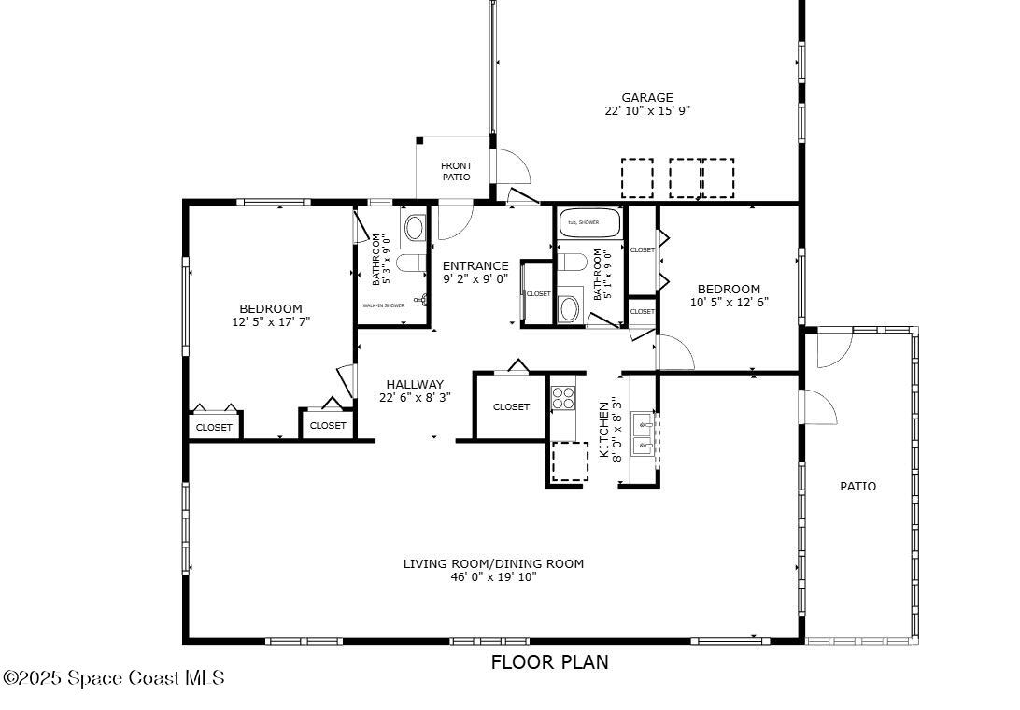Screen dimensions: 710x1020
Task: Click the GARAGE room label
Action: [647, 97]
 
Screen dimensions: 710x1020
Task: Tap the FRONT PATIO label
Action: [457, 171]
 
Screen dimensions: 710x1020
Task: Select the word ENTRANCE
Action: [475, 265]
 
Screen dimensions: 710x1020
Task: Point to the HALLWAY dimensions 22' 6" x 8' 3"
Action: [415, 397]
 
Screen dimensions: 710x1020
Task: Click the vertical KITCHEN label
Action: [603, 431]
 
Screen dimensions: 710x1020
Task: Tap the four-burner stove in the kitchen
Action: [562, 399]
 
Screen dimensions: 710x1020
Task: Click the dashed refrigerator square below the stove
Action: [569, 461]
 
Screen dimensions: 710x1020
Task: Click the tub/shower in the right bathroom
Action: [589, 223]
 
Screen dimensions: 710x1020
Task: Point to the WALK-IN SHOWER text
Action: [384, 305]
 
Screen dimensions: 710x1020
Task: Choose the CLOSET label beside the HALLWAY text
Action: [511, 406]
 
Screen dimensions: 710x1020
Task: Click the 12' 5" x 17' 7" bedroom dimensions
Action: [271, 321]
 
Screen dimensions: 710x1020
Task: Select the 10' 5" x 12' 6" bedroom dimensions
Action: [729, 302]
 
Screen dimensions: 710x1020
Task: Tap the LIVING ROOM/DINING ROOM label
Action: [493, 563]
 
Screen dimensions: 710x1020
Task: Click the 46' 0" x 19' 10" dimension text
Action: [493, 577]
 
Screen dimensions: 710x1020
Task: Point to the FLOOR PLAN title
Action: [549, 662]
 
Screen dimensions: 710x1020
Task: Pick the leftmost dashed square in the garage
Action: [637, 177]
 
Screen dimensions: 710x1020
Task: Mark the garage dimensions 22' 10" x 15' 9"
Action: [647, 110]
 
